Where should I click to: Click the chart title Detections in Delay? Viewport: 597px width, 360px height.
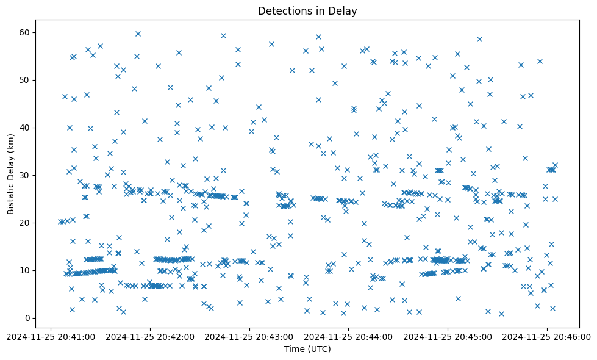[x=307, y=11]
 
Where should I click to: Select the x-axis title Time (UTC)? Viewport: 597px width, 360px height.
[x=307, y=349]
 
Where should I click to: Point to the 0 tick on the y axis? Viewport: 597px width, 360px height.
[x=27, y=318]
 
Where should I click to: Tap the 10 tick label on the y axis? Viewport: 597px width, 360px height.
[x=25, y=270]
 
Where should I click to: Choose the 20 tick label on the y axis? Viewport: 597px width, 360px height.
[x=25, y=223]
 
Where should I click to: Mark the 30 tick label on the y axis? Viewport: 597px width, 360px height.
[x=25, y=175]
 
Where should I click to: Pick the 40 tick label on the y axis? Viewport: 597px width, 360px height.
[x=25, y=128]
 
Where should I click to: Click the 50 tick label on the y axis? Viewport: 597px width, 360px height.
[x=25, y=80]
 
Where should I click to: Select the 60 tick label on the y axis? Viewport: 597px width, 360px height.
[x=25, y=32]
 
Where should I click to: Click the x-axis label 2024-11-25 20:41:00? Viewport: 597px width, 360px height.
[x=51, y=336]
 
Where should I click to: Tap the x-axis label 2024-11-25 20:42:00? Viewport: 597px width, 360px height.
[x=150, y=336]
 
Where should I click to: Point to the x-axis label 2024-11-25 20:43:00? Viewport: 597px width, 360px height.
[x=249, y=336]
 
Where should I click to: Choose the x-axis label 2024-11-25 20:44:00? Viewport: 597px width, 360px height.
[x=349, y=336]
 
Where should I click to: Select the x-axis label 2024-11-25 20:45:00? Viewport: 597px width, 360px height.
[x=448, y=336]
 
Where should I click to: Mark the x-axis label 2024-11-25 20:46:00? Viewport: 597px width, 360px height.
[x=548, y=336]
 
